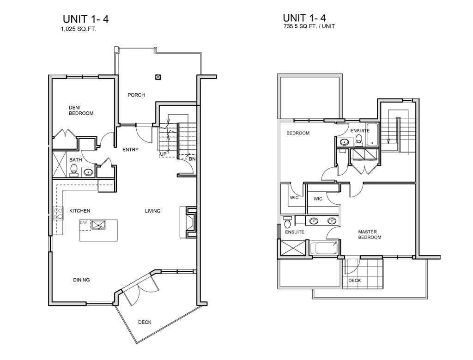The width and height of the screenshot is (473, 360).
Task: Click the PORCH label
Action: (136, 95)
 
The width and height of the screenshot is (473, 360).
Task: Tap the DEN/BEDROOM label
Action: (81, 110)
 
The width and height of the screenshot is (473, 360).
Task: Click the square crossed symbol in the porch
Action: (158, 77)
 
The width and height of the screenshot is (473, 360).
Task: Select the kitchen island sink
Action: (99, 225)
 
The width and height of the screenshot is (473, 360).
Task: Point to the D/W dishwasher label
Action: (84, 223)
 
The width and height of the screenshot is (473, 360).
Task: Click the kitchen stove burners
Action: (58, 214)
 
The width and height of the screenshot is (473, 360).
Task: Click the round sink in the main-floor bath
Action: (88, 173)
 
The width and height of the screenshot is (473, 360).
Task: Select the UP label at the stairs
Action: (163, 154)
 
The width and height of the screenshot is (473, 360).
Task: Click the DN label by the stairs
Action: (192, 159)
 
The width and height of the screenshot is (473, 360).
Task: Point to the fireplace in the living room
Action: (189, 222)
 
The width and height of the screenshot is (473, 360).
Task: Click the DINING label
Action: (81, 280)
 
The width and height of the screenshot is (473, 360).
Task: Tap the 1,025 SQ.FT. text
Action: (79, 29)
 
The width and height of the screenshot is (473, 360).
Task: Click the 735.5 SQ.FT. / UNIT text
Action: (309, 26)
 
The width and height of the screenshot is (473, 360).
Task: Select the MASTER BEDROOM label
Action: (370, 234)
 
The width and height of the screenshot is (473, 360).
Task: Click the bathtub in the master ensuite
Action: (324, 248)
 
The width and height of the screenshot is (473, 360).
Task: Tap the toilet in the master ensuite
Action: (287, 222)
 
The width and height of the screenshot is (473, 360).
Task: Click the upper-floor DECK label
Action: (354, 281)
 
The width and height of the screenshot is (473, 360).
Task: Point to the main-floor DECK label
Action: (145, 322)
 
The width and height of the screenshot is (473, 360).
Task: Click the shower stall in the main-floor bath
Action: (60, 165)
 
